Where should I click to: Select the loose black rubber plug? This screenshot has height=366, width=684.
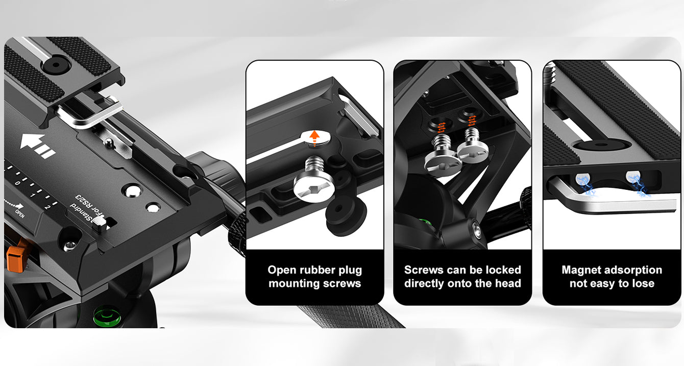(346, 215)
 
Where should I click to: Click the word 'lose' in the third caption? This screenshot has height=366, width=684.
(643, 284)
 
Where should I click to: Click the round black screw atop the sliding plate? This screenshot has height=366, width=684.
(56, 65)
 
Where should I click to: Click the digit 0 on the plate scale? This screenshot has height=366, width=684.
(17, 183)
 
